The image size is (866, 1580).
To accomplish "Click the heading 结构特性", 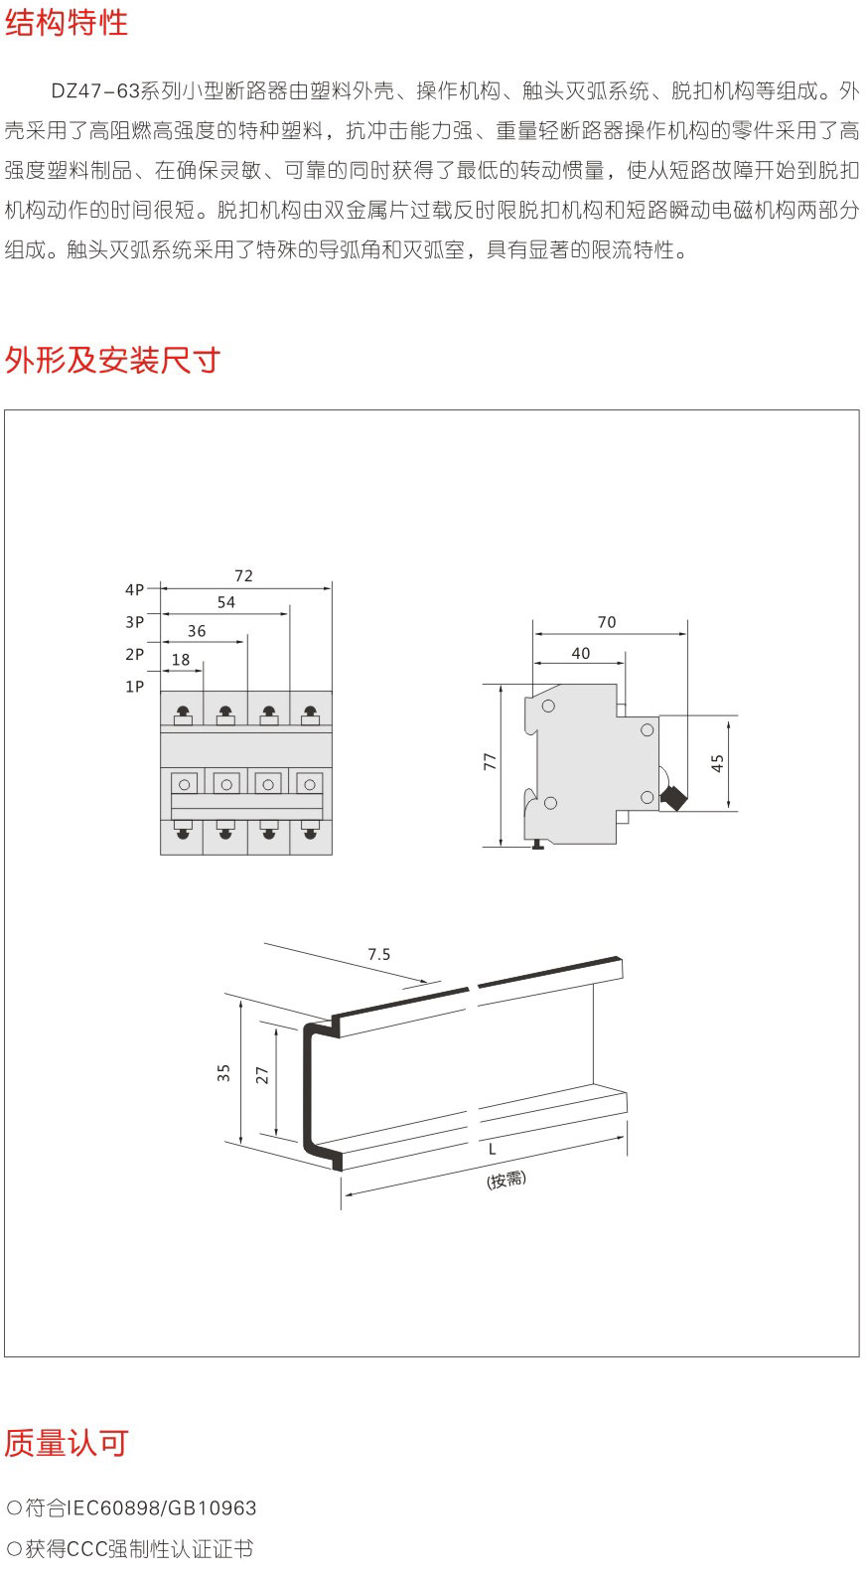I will tap(67, 22).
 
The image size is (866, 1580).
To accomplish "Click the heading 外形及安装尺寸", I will tap(112, 360).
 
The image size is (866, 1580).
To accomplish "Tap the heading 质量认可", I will tap(67, 1443).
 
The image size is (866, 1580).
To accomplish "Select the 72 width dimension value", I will tap(243, 575).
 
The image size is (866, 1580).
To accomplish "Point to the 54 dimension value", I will tap(226, 602).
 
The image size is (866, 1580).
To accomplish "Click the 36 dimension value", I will tap(197, 631).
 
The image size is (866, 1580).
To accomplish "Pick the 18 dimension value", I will tap(181, 660).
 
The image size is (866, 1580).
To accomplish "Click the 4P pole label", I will tap(134, 590).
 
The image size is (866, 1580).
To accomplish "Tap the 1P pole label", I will tap(134, 687).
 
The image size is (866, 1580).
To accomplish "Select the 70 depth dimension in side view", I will tap(607, 622).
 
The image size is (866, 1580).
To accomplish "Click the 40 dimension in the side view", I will tap(581, 653).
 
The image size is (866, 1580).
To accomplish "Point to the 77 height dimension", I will tap(490, 761).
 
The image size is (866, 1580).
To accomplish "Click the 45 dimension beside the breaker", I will tap(718, 763).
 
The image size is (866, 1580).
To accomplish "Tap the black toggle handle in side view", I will tap(673, 797).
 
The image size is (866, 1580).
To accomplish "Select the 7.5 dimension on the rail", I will tap(379, 954).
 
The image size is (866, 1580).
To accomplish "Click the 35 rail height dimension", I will tap(223, 1073).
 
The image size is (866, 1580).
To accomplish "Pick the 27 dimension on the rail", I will tap(262, 1075).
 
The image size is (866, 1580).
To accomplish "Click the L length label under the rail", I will tap(492, 1150).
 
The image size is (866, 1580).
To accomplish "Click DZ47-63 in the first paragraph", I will tap(95, 91).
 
